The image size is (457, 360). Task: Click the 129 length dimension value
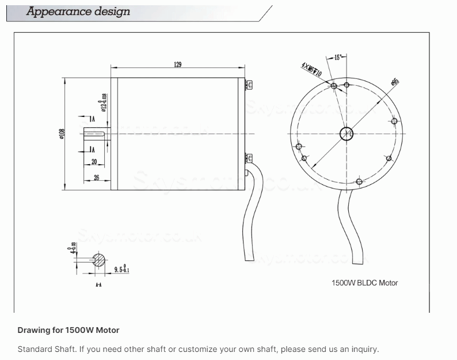[178, 65]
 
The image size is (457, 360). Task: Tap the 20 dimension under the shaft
[94, 162]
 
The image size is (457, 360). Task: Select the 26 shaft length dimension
[96, 177]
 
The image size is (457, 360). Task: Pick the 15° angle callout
[338, 57]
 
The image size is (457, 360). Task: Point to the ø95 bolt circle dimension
[395, 81]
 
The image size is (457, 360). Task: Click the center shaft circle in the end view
[346, 134]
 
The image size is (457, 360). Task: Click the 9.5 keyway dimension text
[121, 269]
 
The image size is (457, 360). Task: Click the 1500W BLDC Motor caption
[364, 283]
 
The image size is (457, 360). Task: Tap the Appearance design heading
[78, 12]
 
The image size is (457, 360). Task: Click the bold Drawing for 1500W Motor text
[68, 330]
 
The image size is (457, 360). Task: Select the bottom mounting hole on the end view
[359, 182]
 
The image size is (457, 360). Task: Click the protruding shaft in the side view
[98, 134]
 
